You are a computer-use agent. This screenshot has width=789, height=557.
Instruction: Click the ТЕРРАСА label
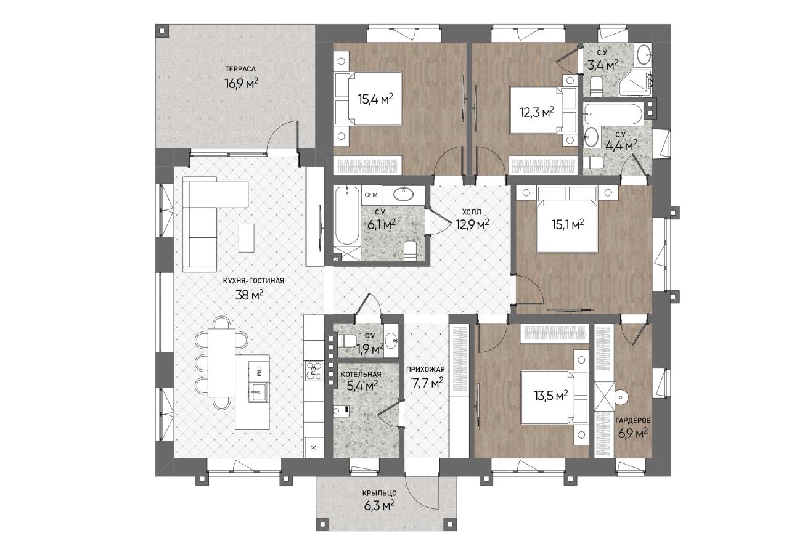point(240,70)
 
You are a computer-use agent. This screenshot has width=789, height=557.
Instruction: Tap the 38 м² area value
point(250,295)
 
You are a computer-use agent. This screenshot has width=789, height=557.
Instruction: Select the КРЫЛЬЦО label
point(379,494)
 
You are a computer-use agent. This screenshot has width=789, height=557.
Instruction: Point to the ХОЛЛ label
point(472,212)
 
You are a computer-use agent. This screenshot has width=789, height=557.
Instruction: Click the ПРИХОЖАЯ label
point(425,369)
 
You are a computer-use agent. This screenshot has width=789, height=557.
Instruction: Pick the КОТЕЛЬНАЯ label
point(361,374)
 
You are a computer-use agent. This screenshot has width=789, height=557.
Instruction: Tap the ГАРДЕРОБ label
point(633,420)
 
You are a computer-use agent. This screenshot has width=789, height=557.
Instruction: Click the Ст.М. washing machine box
point(372,195)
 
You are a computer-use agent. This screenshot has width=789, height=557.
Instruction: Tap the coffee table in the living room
point(246,238)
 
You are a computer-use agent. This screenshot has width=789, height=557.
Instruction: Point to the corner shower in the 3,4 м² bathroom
point(635,83)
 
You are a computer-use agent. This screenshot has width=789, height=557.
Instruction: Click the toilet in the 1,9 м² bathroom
point(347,341)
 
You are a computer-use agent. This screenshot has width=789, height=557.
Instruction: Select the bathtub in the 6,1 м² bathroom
point(347,216)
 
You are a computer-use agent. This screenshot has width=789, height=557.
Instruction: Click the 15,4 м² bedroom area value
point(375,99)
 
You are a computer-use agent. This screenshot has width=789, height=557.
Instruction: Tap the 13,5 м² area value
point(551,396)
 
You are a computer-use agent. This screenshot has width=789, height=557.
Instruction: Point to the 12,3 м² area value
point(537,113)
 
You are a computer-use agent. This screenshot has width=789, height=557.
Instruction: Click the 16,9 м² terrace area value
point(241,83)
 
